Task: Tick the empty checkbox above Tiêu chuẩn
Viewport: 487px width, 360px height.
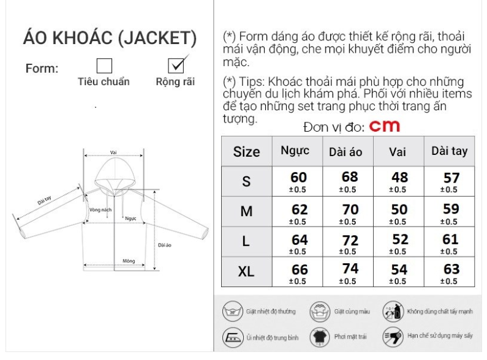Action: coord(104,66)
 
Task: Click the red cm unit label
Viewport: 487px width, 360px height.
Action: coord(385,126)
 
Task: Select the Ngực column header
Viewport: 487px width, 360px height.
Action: coord(295,151)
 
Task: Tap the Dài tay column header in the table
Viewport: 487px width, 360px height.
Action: coord(449,151)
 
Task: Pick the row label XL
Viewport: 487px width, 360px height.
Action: coord(246,271)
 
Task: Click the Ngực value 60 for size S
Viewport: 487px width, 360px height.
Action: coord(298,178)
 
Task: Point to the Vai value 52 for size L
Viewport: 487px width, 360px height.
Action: coord(399,240)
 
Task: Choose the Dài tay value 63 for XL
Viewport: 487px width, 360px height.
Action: coord(450,269)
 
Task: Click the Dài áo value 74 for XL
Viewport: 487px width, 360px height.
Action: coord(350,269)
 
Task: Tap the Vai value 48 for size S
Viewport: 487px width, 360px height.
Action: coord(399,178)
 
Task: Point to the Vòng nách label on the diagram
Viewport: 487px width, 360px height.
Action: coord(100,209)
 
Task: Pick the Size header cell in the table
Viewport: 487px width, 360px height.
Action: coord(246,152)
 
